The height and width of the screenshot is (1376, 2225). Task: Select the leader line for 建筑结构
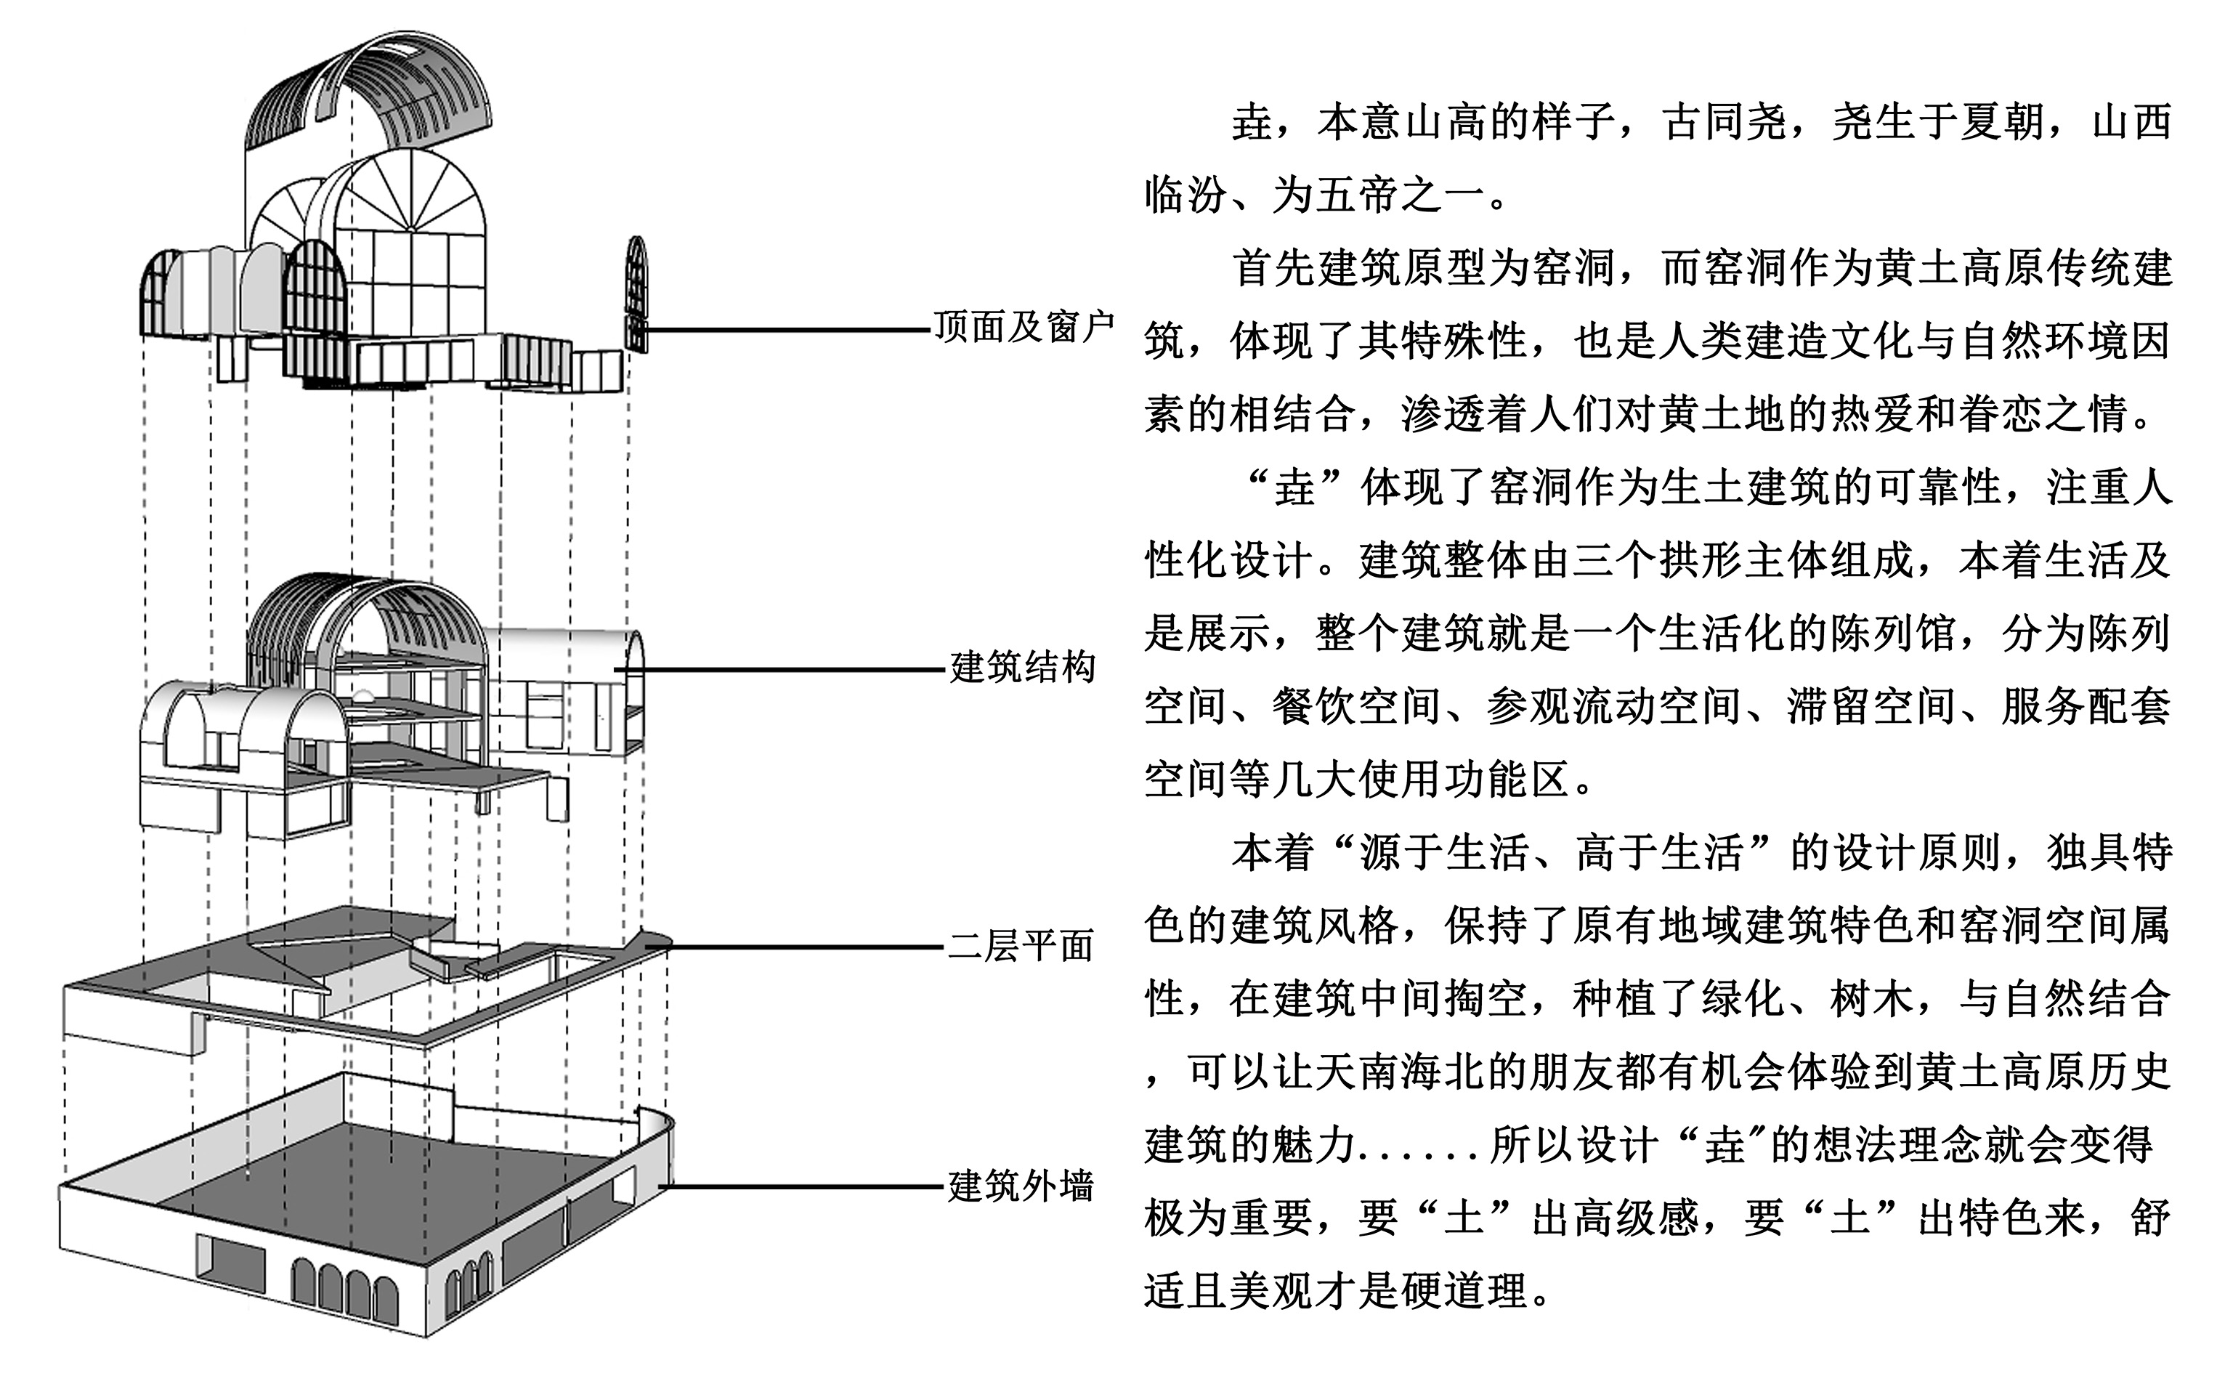[782, 670]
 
